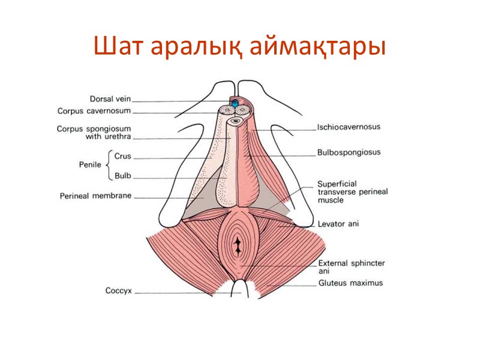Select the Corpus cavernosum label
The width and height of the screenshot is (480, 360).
click(x=94, y=111)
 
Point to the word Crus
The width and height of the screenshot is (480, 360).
click(x=122, y=157)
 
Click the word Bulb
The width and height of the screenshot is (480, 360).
click(x=122, y=176)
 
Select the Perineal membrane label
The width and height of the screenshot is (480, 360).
click(x=95, y=196)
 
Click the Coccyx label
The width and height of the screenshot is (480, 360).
click(x=119, y=293)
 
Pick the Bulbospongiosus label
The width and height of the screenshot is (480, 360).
click(x=349, y=152)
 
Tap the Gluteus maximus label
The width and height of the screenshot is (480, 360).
click(x=350, y=283)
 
